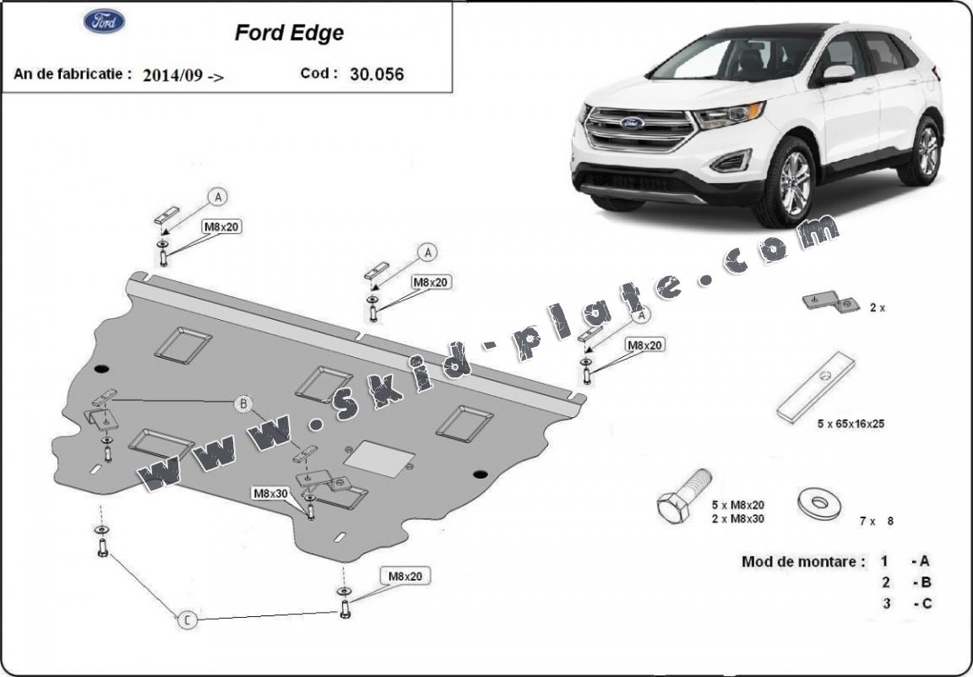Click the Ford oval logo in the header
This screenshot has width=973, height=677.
point(104,21)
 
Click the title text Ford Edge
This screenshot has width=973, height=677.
point(289,33)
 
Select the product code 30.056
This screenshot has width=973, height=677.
point(376,74)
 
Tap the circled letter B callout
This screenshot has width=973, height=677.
point(243,404)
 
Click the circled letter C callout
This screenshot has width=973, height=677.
point(187,620)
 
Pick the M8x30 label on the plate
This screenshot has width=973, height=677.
point(270,492)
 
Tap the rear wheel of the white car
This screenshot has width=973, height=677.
point(927,152)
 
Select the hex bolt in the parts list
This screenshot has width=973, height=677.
point(682,497)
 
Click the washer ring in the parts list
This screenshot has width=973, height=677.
point(818,503)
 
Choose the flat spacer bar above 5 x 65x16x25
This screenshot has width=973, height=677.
point(815,387)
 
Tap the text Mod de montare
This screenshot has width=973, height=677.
point(802,561)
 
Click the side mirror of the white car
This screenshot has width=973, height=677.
point(837,73)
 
